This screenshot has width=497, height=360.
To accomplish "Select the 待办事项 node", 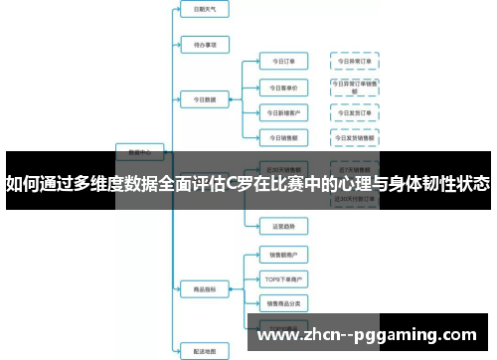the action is tap(204, 44).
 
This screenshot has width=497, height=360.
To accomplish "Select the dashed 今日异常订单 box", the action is tap(355, 62).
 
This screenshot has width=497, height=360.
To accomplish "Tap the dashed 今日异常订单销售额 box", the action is tap(355, 87).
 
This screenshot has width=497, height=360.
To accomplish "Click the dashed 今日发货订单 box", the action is tap(355, 111).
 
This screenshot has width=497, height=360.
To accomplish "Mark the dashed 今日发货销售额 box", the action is tap(355, 136).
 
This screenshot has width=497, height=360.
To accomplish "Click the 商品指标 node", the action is tap(204, 289).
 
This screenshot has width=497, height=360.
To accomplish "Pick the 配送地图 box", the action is tap(204, 349).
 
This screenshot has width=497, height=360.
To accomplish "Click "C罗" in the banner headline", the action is tap(240, 183).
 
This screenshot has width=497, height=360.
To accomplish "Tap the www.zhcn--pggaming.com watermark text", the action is tap(367, 335).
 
